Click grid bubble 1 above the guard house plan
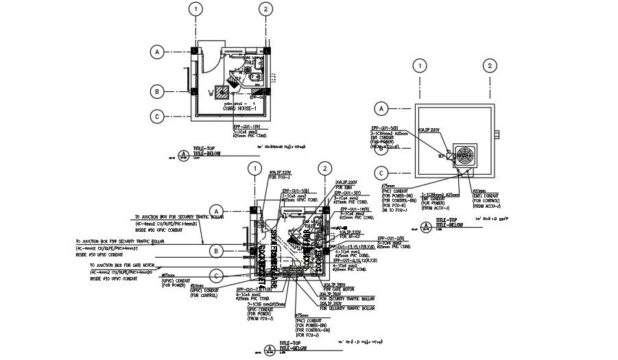(x=197, y=9)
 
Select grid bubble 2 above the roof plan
(x=488, y=66)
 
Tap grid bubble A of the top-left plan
(x=158, y=51)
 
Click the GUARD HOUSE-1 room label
(x=239, y=108)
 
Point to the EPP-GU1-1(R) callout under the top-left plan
(x=246, y=127)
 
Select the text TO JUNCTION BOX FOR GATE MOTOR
(x=123, y=264)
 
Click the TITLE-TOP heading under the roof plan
(x=447, y=220)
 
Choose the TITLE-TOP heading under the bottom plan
(x=292, y=343)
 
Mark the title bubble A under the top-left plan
(x=182, y=155)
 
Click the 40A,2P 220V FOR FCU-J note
(x=280, y=174)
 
